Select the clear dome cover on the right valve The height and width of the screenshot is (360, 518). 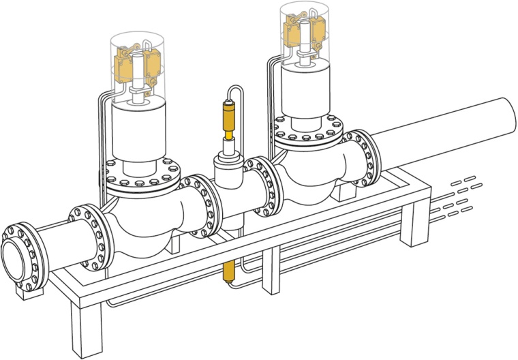tap(308, 31)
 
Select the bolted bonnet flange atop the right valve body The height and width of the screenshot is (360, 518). tap(310, 136)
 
